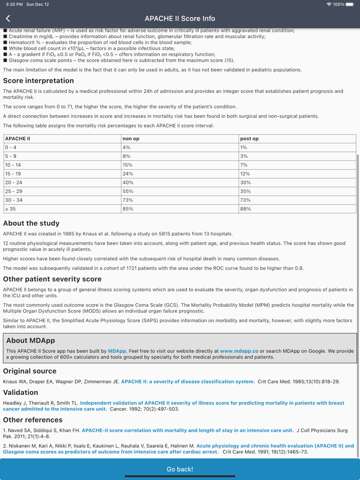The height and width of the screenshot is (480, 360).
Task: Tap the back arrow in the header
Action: [x=8, y=19]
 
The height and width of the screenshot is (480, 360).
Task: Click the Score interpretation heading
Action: [x=39, y=81]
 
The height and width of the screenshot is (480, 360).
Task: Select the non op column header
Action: [x=131, y=139]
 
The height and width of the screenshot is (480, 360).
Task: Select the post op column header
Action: [x=249, y=139]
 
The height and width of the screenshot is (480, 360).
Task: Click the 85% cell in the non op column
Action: [x=128, y=209]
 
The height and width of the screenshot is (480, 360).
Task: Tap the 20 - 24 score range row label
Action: [x=14, y=182]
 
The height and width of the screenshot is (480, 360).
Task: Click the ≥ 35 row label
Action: [x=10, y=209]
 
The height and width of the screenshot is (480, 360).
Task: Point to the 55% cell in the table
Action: [x=128, y=191]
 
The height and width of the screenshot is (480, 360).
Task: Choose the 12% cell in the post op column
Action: [x=244, y=174]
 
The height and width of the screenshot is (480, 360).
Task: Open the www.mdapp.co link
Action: [x=239, y=351]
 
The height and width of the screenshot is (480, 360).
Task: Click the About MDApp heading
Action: [x=30, y=340]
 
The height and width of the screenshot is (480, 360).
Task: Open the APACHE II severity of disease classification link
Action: [x=188, y=382]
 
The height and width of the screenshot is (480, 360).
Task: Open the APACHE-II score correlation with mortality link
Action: [x=188, y=430]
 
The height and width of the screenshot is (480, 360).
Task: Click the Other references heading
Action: [x=33, y=420]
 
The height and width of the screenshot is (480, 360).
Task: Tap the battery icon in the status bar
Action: [x=350, y=4]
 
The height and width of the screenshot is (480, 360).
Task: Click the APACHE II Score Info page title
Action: [x=180, y=19]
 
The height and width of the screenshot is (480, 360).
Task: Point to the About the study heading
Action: [x=31, y=224]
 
